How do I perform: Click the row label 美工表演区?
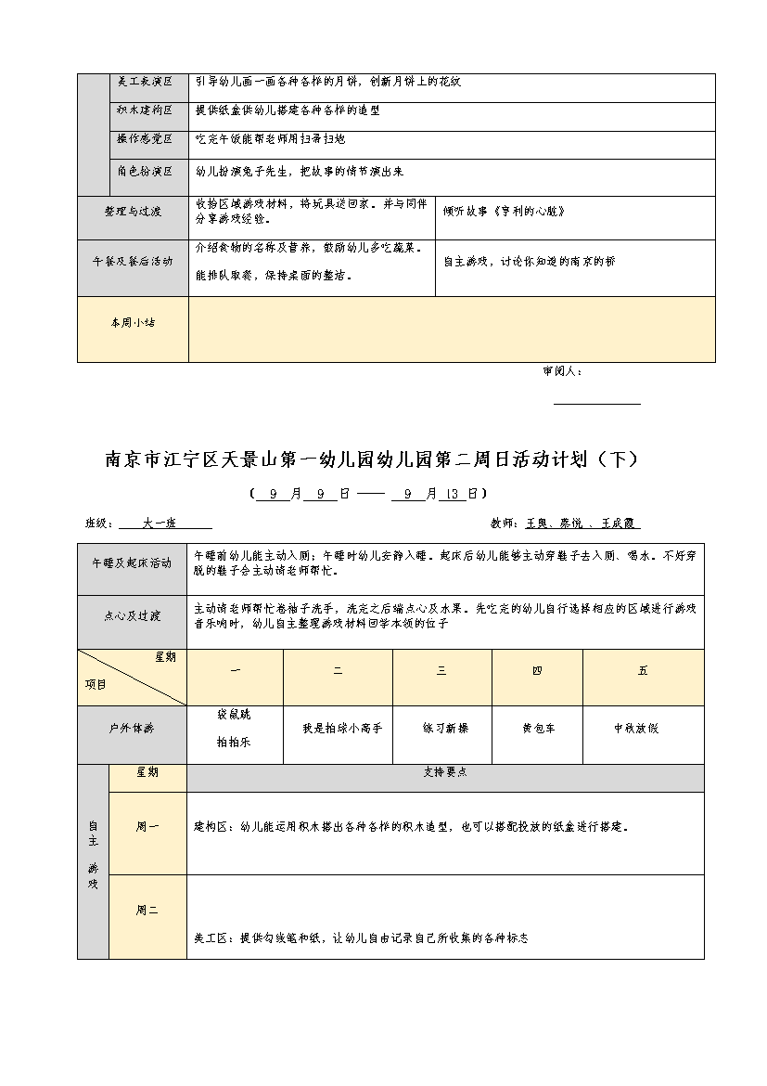pos(146,83)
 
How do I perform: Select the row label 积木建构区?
pos(146,110)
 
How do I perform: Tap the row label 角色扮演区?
pos(146,172)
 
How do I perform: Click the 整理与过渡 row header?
pos(133,212)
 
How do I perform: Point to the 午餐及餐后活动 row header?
pos(133,262)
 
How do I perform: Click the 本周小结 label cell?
pos(133,323)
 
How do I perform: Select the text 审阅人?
pos(562,371)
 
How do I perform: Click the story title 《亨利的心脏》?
pos(530,212)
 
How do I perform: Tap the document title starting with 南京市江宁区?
pos(372,459)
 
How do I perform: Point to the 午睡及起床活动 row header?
pos(133,563)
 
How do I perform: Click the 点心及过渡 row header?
pos(133,615)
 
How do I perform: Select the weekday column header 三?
pos(441,671)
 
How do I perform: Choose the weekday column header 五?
pos(643,671)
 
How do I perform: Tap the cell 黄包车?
pos(538,729)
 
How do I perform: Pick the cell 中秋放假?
pos(636,729)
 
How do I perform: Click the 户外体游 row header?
pos(133,729)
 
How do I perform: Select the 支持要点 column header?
pos(445,772)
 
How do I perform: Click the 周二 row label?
pos(147,911)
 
